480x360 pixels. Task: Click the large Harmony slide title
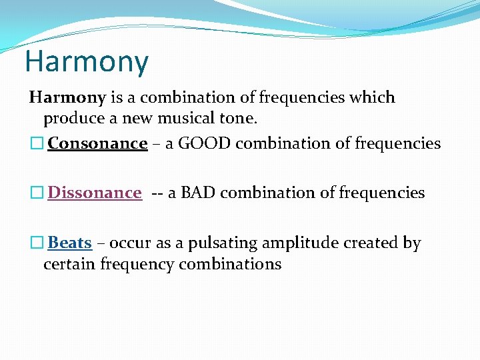click(x=87, y=61)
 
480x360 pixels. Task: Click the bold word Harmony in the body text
click(x=67, y=98)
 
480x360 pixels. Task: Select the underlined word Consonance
click(x=97, y=143)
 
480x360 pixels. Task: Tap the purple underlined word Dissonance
click(x=94, y=193)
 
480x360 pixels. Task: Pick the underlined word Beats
click(x=69, y=243)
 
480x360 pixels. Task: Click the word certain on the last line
click(x=69, y=264)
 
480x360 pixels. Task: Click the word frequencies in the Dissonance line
click(x=381, y=193)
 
